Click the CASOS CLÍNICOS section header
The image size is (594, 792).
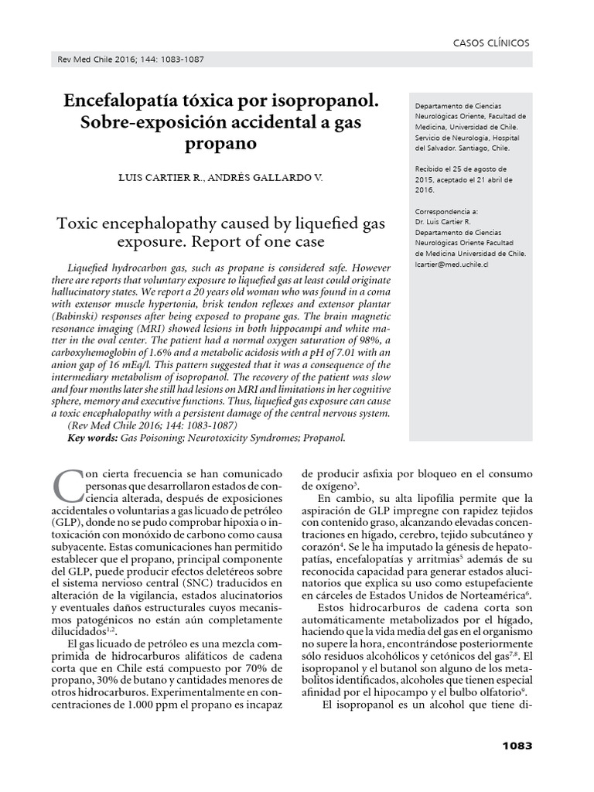click(491, 43)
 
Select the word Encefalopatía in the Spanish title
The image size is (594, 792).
click(118, 101)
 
